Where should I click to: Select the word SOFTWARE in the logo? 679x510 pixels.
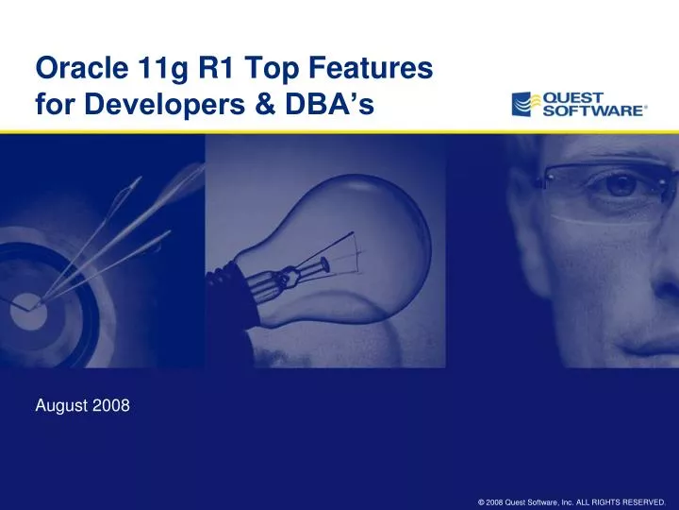pyautogui.click(x=590, y=110)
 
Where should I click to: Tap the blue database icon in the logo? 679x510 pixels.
pyautogui.click(x=523, y=104)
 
